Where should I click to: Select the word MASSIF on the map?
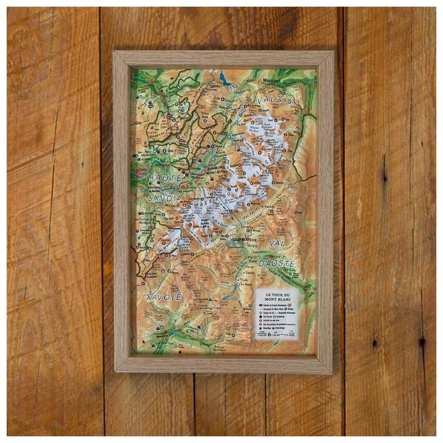pyautogui.click(x=205, y=206)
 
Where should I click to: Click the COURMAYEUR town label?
pyautogui.click(x=244, y=239)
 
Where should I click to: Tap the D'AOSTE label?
pyautogui.click(x=277, y=263)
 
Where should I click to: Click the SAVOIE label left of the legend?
pyautogui.click(x=164, y=297)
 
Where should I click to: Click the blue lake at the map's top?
pyautogui.click(x=224, y=78)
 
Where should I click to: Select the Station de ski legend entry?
pyautogui.click(x=266, y=313)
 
